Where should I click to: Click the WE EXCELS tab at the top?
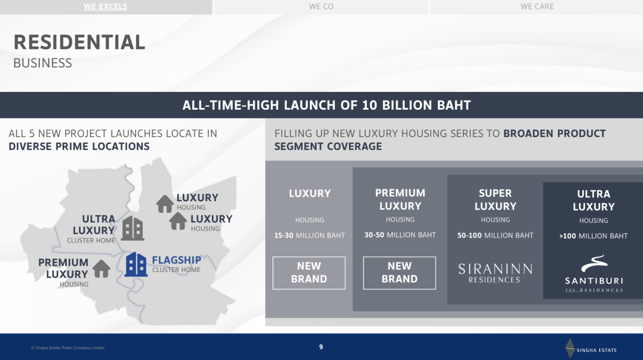coord(105,6)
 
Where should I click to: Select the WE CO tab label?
coord(321,6)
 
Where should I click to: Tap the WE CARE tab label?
coord(537,6)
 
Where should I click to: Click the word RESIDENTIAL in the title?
coord(79,42)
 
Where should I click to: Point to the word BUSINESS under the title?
coord(43,63)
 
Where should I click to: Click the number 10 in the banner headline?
coord(369,105)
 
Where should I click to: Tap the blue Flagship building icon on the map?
coord(136,264)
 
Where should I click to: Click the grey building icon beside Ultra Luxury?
coord(132,228)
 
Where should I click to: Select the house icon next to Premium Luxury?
coord(101,269)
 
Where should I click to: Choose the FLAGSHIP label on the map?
coord(176,260)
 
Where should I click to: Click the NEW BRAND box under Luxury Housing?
coord(309,273)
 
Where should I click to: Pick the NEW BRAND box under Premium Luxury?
coord(399,273)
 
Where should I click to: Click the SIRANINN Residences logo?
coord(495,273)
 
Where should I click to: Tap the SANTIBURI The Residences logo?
coord(594,273)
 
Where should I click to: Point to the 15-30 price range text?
coord(284,235)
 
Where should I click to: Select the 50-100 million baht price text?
coord(495,235)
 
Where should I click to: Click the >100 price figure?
coord(567,236)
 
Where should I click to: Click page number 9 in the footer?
coord(321,347)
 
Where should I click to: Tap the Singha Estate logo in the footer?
coord(591,348)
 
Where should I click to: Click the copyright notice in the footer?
coord(68,348)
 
